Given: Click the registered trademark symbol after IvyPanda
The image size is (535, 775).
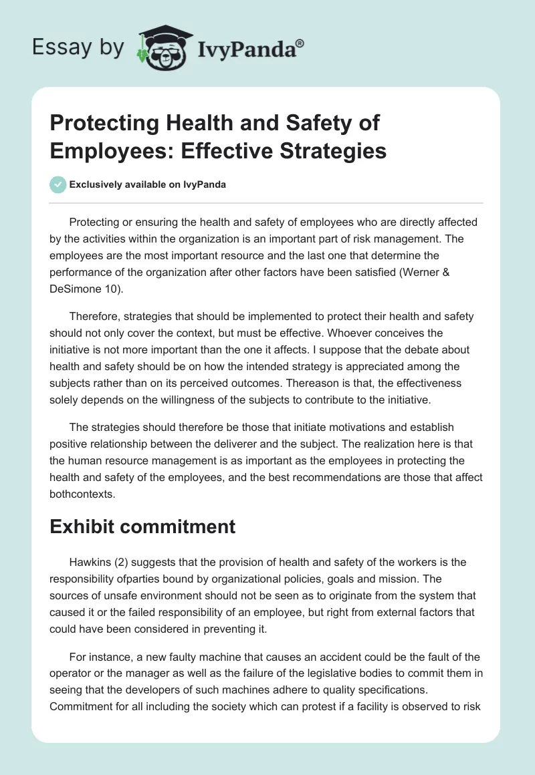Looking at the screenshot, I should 300,43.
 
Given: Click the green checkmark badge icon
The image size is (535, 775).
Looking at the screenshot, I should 58,184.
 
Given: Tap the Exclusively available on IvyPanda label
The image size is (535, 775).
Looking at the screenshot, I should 147,185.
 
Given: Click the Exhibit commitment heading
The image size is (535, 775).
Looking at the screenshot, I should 142,526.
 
